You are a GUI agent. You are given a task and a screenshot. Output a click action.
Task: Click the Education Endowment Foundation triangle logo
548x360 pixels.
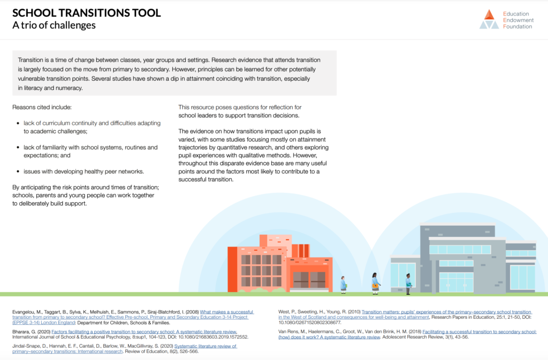489,19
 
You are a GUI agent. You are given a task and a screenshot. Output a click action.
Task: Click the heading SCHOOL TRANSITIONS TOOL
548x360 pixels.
86,13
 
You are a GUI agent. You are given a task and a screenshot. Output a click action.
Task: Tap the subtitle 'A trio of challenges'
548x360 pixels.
54,25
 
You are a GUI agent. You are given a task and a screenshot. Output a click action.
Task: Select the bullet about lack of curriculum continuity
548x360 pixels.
92,127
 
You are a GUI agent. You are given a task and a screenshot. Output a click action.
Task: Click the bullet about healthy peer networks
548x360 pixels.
83,171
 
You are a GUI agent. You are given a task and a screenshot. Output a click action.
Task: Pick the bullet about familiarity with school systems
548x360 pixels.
90,151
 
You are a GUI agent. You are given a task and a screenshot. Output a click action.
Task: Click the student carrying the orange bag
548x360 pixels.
376,283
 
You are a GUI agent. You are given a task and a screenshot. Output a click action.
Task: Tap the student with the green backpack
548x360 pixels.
343,284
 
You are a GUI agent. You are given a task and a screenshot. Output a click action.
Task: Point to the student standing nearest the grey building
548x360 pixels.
408,284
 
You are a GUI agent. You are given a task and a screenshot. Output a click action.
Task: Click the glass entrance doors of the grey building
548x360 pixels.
456,282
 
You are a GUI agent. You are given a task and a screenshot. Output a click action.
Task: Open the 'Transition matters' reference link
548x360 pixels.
446,311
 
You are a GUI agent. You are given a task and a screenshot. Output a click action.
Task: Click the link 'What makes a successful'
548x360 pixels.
227,311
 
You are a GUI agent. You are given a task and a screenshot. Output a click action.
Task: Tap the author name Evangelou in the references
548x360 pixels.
26,311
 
